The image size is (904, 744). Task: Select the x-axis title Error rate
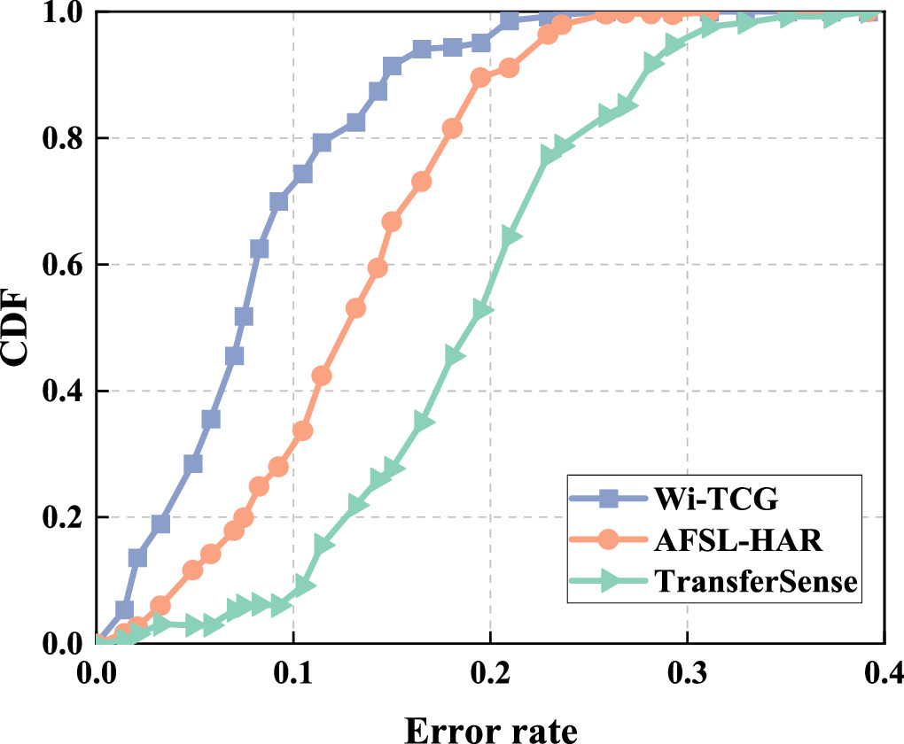pos(491,728)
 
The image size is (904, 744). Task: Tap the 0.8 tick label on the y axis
pos(60,139)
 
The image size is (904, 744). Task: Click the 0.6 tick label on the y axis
pos(60,265)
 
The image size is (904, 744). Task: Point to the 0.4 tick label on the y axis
pos(60,391)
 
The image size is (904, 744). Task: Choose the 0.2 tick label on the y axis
pos(60,517)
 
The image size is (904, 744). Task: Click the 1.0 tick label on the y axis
pos(60,14)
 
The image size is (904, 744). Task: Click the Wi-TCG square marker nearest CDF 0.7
pos(278,202)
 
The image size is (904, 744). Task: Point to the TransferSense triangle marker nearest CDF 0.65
pos(510,236)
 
